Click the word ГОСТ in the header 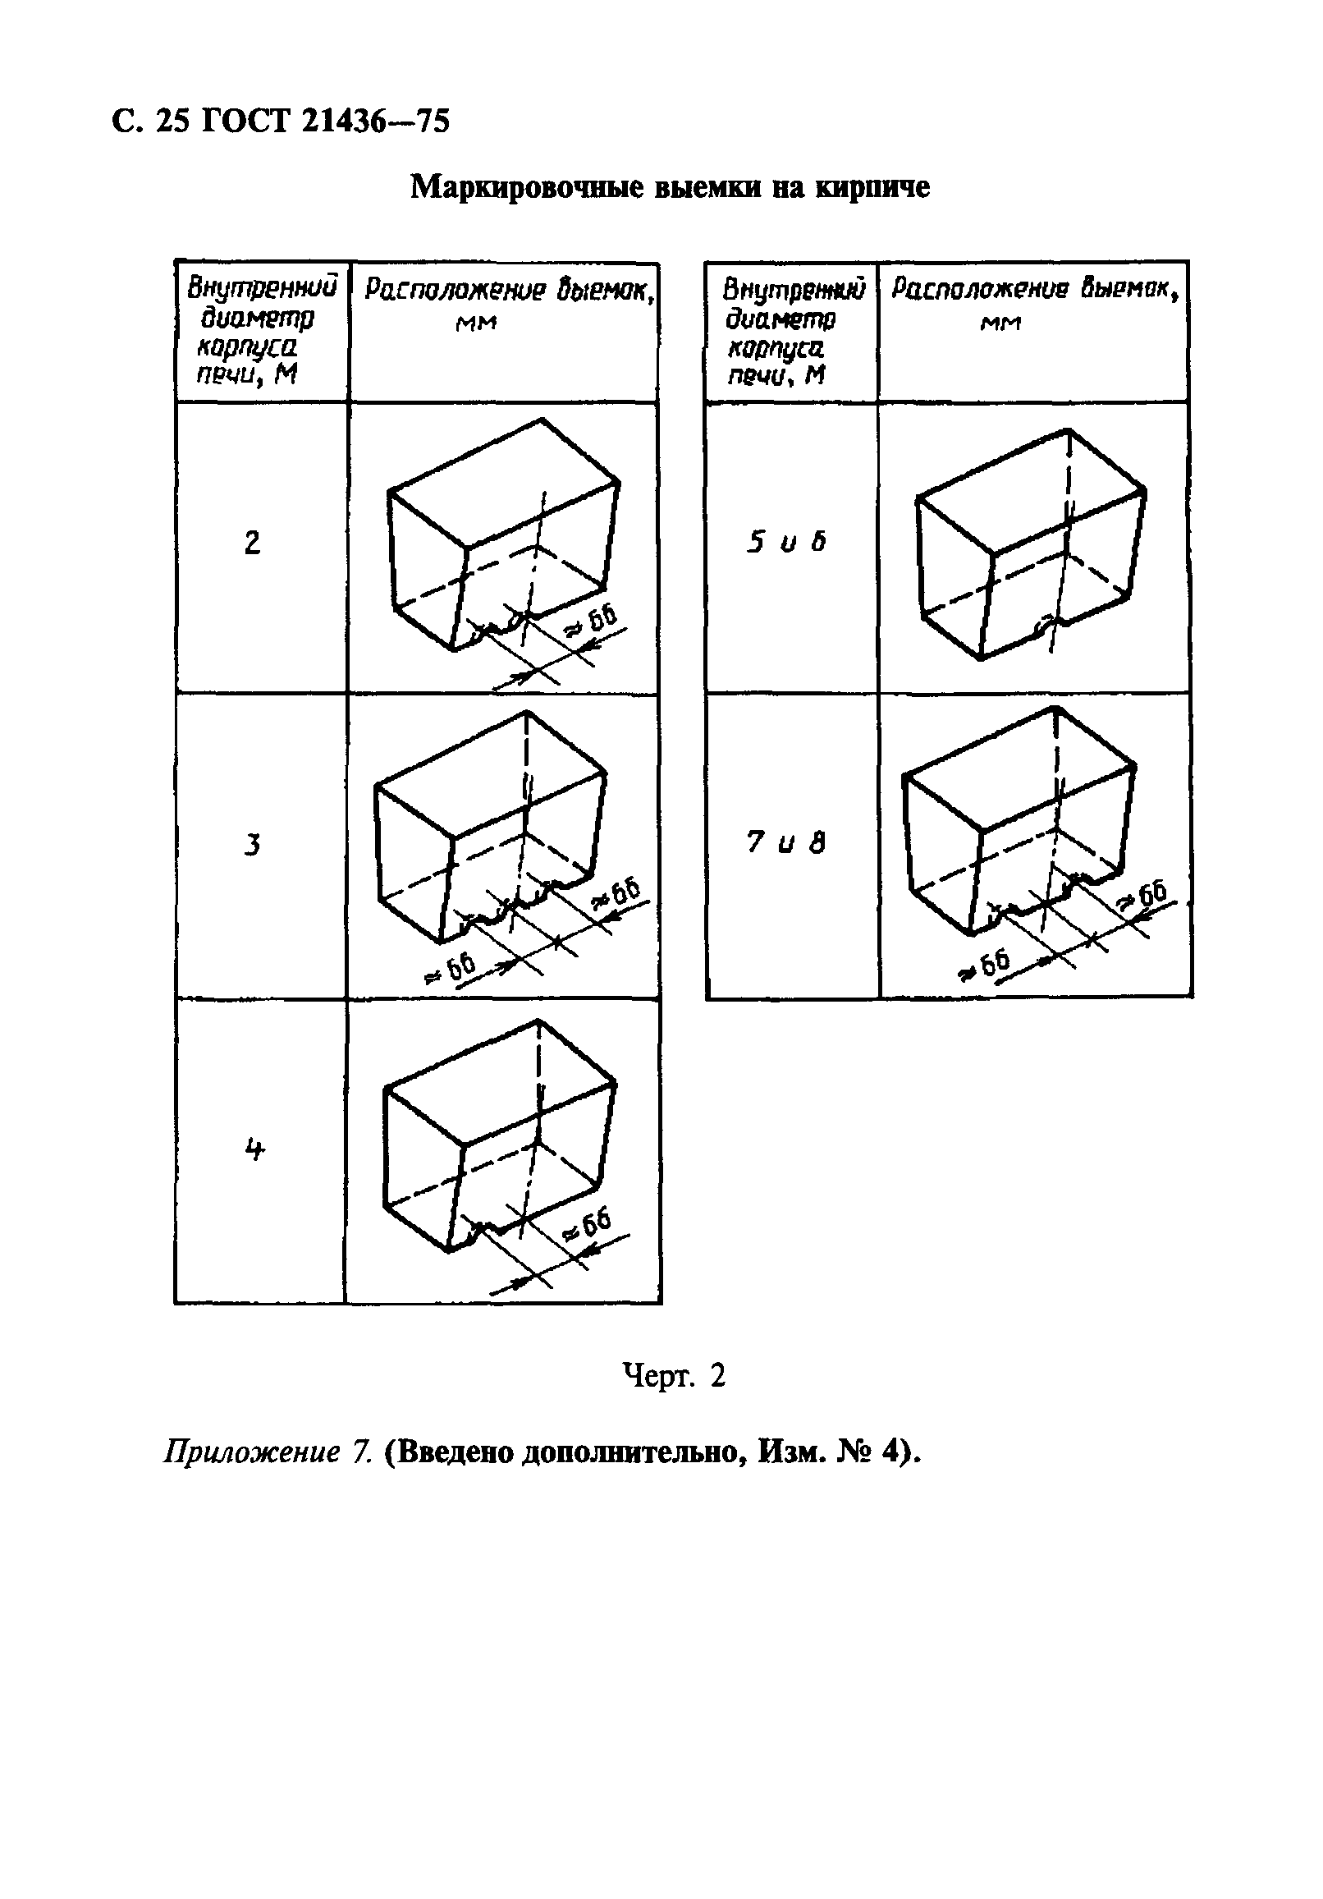tap(245, 122)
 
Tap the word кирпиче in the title tap(872, 187)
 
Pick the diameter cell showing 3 tap(252, 845)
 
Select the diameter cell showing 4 tap(254, 1149)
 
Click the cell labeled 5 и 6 tap(786, 543)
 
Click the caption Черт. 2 tap(673, 1376)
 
